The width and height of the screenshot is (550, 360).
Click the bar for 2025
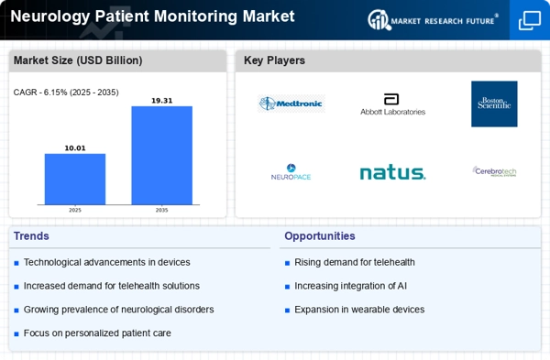tap(75, 179)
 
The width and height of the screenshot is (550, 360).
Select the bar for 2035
tap(161, 155)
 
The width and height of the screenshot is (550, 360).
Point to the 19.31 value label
tap(161, 100)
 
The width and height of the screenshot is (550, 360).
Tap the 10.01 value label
tap(75, 147)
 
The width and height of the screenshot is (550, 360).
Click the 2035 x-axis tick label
tap(161, 211)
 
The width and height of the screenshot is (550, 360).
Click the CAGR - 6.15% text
tap(66, 93)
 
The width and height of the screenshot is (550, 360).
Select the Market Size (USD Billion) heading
tap(77, 61)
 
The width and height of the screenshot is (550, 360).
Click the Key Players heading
tap(274, 61)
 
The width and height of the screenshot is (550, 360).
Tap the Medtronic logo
tap(291, 104)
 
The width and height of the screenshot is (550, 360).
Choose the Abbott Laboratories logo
tap(392, 104)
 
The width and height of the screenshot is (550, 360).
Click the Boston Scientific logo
tap(494, 104)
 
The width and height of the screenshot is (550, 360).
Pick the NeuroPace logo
tap(291, 172)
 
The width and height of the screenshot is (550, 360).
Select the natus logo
tap(392, 172)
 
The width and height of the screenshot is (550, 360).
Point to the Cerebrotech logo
tap(494, 171)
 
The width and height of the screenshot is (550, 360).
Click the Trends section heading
tap(32, 236)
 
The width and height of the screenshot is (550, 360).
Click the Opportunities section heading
tap(319, 236)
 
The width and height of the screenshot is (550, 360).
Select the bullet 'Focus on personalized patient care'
tap(97, 333)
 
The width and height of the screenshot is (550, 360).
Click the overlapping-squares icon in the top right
tap(530, 20)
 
